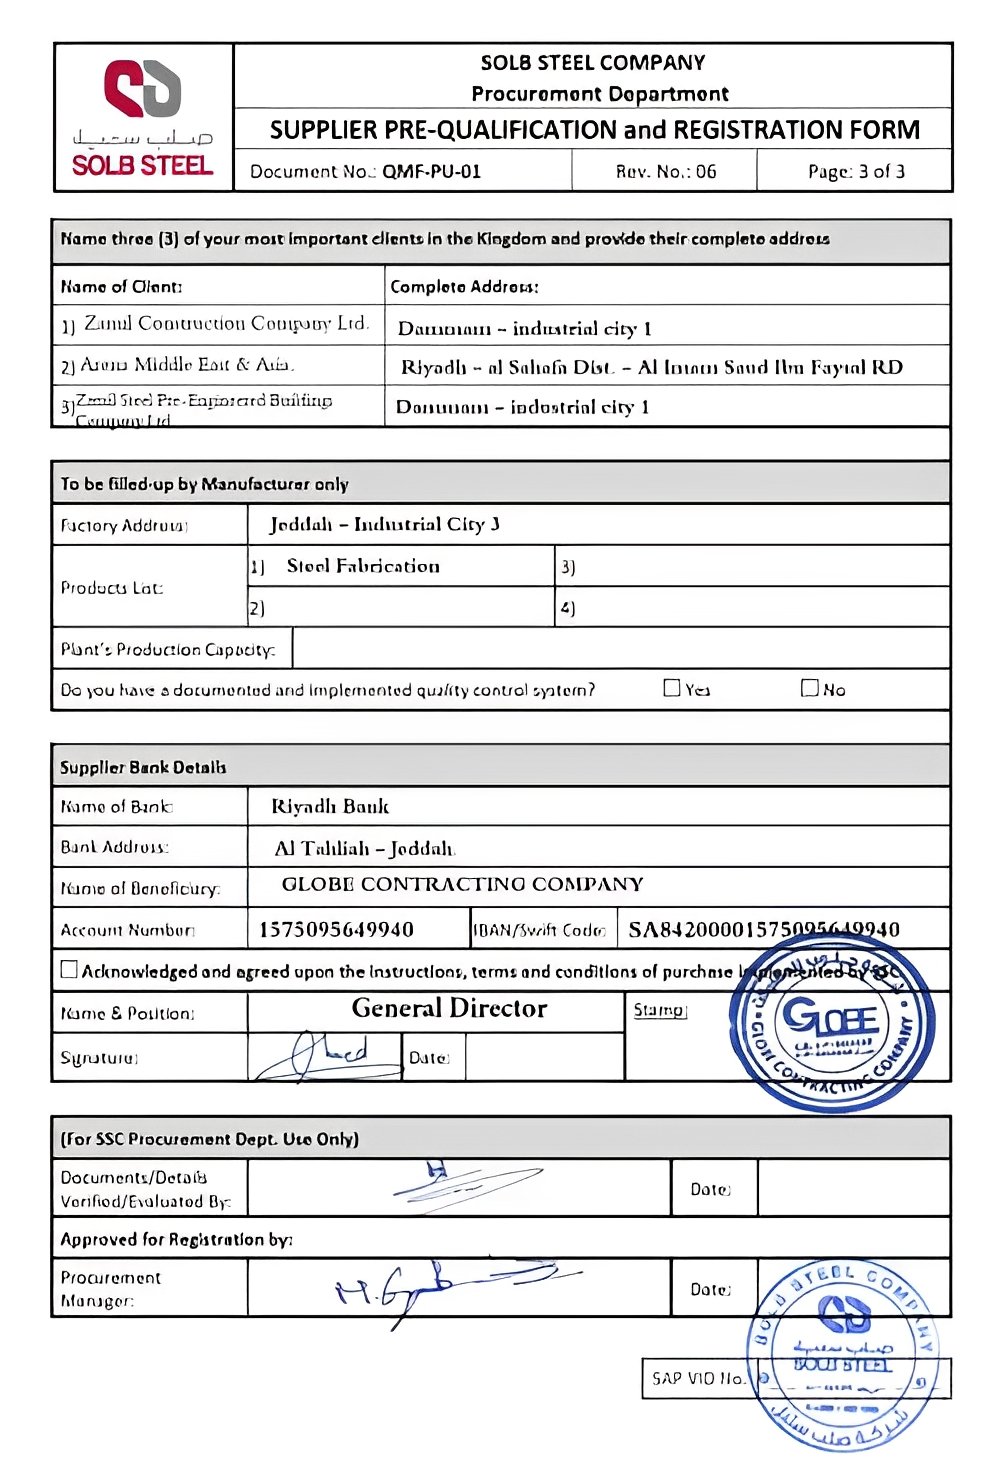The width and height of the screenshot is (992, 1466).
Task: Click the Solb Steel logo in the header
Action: coord(142,116)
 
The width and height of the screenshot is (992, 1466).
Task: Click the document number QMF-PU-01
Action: coord(431,171)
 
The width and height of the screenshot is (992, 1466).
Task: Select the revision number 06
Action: coord(706,171)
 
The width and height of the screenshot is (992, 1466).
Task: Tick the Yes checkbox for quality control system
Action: coord(672,688)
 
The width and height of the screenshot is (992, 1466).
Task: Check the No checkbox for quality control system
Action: coord(810,688)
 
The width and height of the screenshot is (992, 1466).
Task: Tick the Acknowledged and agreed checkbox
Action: coord(69,969)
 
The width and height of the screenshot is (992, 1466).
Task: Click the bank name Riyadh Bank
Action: coord(330,806)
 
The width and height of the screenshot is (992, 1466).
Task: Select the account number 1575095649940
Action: coord(336,929)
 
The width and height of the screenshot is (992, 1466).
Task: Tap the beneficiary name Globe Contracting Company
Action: coord(462,884)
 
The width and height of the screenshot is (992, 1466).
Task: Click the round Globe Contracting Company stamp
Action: coord(832,1021)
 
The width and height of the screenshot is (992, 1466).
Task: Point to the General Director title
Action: coord(449,1008)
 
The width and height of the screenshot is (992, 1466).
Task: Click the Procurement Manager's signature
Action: coord(450,1286)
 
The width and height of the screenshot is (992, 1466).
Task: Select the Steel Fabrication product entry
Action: coord(363,566)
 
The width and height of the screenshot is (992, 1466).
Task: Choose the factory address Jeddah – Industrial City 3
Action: coord(384,524)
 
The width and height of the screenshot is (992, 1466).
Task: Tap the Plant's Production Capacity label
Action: coord(167,649)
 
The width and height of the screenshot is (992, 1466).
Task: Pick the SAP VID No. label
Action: coord(698,1378)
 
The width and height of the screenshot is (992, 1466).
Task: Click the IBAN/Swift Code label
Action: coord(540,930)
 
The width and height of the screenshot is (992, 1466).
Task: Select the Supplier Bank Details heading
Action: coord(143,767)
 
